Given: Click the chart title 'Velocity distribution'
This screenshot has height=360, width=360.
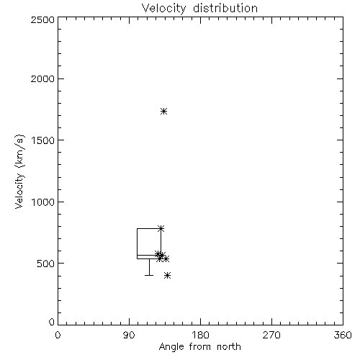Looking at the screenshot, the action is point(199,8).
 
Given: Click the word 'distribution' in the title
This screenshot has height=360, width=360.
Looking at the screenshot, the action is point(225,8).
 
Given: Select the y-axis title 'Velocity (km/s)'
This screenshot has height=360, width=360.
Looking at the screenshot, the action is point(19,171).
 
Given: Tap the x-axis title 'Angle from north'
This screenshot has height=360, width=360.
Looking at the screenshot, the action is point(199,346).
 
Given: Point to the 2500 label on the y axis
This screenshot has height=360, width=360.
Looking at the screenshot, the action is point(42,19).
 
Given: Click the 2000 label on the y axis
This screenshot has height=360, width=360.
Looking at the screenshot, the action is point(42,78).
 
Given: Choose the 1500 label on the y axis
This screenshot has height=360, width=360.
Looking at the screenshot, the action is point(43,140).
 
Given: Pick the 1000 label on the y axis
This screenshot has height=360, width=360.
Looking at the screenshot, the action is point(43,202).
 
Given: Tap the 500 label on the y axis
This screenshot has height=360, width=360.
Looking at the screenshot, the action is point(46,264).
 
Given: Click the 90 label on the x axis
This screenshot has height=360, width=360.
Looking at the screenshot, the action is point(129,335).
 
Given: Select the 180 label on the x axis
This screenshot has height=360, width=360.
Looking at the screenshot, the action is point(200,335).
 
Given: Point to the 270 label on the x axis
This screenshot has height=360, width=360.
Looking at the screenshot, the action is point(271,335).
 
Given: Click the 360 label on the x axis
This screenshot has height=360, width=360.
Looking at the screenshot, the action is point(343,335).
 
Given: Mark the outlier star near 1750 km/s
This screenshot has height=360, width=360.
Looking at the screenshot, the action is point(163,111).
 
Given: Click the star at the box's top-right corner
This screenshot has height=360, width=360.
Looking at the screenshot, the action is point(161,228).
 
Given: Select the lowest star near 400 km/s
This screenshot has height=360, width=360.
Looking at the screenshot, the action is point(168,275).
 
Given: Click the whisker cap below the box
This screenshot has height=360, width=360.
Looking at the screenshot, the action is point(149,275).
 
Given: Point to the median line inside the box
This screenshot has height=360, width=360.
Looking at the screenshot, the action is point(149,255).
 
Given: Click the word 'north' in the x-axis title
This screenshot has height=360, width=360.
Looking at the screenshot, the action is point(229,346).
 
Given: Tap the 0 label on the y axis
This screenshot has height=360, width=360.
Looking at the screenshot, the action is point(52,322).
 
